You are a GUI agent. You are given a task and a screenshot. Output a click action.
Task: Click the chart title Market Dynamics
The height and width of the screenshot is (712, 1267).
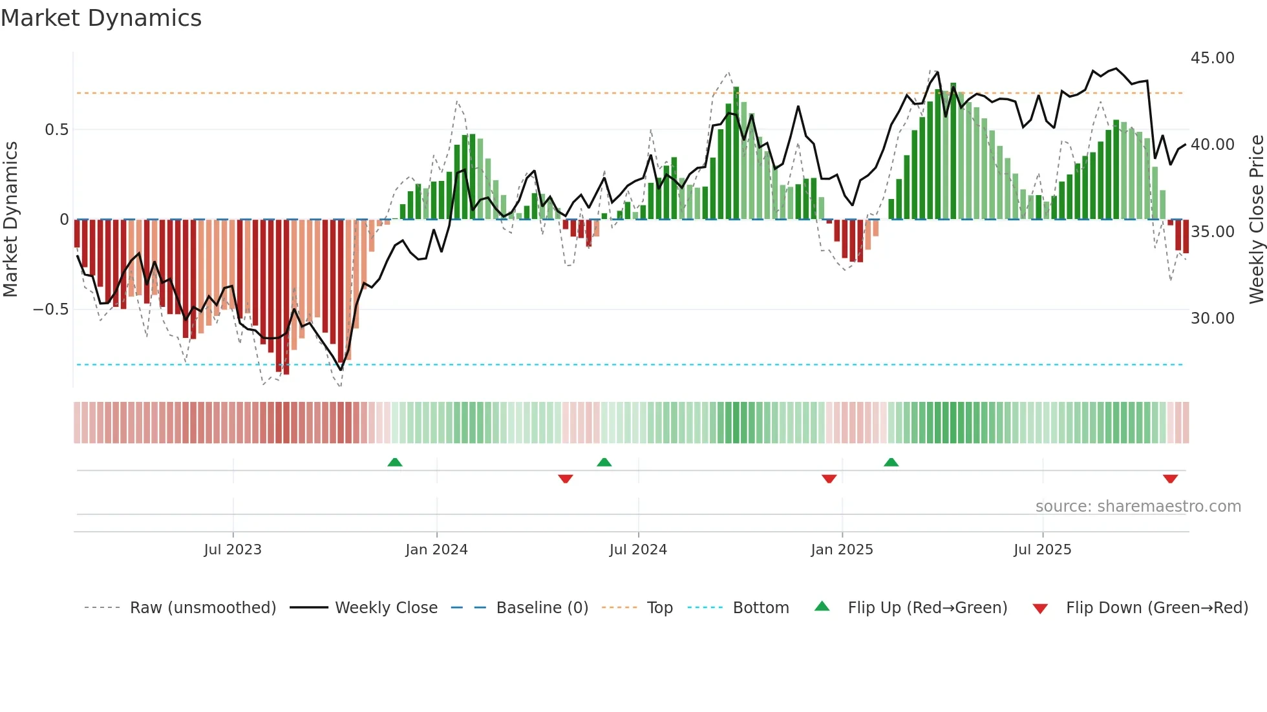(101, 18)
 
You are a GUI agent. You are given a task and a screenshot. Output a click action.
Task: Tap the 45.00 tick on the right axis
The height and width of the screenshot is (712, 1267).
(1212, 58)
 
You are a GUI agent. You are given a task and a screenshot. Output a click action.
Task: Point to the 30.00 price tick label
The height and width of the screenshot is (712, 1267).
(1212, 318)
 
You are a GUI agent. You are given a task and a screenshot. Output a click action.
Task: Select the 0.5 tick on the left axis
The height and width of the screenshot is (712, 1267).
(56, 130)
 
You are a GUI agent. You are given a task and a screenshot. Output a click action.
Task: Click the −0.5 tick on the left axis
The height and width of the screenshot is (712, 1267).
(50, 309)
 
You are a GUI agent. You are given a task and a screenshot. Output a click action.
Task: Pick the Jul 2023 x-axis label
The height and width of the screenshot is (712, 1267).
(233, 550)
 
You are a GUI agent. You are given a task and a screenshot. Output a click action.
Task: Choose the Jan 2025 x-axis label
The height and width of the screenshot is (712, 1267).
(842, 550)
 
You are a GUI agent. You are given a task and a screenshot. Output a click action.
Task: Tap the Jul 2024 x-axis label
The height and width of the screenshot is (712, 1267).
(638, 550)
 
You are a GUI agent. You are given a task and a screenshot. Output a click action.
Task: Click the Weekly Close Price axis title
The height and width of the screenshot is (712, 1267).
(1256, 219)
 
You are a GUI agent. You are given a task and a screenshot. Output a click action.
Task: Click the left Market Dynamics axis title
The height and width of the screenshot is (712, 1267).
(10, 219)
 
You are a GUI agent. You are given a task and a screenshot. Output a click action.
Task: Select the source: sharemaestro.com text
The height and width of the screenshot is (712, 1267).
(1138, 507)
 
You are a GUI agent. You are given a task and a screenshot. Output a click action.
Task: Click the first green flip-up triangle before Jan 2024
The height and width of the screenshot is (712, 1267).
(395, 463)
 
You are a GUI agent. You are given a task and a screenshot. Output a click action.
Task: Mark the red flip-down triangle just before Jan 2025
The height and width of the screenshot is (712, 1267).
(829, 479)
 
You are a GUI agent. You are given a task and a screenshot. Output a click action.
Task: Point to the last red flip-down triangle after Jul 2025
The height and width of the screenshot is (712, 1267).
(1170, 479)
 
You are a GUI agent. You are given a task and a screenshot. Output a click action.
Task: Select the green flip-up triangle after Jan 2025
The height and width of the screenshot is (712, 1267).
(891, 463)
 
